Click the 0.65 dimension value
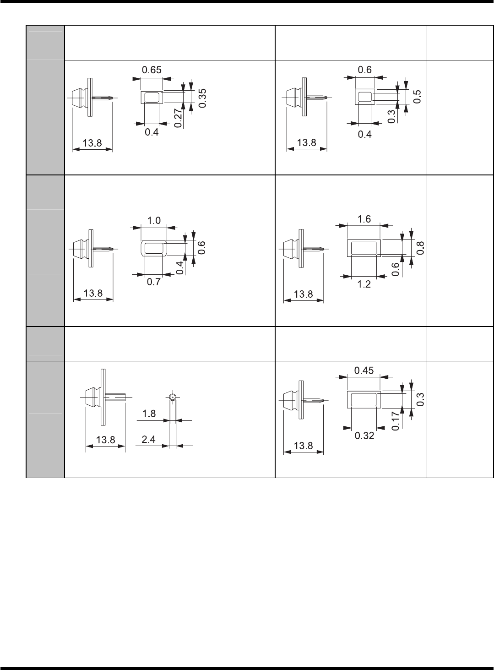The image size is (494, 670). tap(152, 71)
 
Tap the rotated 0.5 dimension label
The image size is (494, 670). tap(416, 97)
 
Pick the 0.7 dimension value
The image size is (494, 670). tap(153, 283)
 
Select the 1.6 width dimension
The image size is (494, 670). tap(364, 219)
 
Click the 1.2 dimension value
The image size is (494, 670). tap(364, 284)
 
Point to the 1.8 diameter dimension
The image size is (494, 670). tap(149, 414)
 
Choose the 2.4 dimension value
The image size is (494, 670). tap(148, 440)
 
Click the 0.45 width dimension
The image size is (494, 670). tap(364, 370)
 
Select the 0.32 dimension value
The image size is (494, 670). tap(364, 436)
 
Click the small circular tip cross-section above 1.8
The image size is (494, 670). tap(172, 397)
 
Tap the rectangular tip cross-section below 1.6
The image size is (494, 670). tap(364, 248)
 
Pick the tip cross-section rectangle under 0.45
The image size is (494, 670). tap(364, 399)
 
